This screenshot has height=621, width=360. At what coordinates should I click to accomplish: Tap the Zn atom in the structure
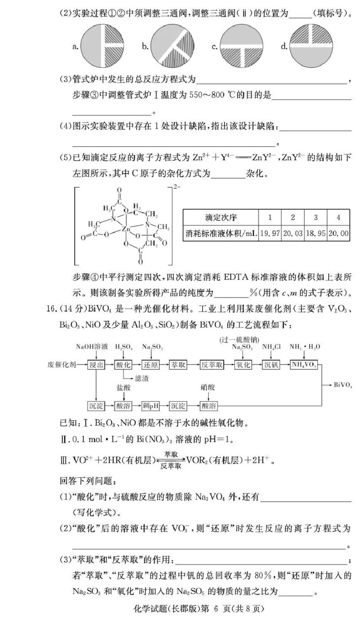pos(127,229)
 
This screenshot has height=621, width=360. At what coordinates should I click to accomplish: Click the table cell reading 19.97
pos(270,233)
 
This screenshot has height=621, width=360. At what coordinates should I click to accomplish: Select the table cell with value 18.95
pos(316,233)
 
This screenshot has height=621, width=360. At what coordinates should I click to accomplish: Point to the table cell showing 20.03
pos(293,233)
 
